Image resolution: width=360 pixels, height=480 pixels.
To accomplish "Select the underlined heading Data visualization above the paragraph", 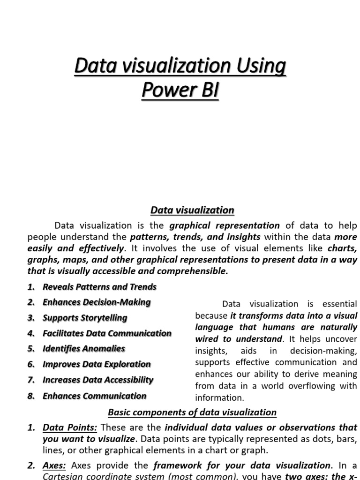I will pos(192,210).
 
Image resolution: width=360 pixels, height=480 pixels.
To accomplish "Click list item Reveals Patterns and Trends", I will pos(99,286).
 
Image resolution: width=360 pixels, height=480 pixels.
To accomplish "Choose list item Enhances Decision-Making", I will pos(97,302).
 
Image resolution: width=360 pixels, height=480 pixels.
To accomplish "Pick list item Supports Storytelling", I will pos(85,317).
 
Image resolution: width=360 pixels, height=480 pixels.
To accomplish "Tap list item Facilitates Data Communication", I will pos(107,333).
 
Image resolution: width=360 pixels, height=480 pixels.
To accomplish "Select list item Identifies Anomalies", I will pos(84,348).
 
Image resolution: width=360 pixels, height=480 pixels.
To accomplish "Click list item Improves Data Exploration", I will pos(97,364).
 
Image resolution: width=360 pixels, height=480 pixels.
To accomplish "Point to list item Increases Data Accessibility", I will pos(98,380).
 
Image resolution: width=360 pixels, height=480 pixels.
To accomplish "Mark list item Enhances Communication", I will pos(94,396).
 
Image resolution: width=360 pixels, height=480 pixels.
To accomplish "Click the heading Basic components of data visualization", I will pos(192,412).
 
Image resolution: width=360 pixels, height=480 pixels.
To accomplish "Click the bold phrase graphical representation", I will pos(225,225).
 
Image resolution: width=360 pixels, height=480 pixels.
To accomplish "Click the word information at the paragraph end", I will pos(219,397).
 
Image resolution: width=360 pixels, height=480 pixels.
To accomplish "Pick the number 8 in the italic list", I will pos(31,396).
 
